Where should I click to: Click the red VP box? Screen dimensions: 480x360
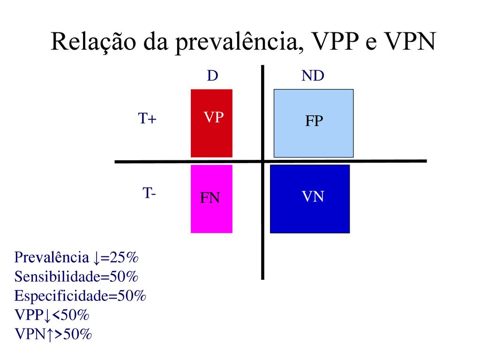click(211, 123)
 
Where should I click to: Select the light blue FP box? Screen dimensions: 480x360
click(314, 123)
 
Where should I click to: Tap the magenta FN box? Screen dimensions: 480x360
click(211, 199)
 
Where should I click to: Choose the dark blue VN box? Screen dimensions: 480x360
click(310, 199)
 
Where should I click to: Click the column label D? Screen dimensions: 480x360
click(212, 75)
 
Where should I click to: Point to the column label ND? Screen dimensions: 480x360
click(313, 75)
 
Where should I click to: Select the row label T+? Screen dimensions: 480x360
click(147, 119)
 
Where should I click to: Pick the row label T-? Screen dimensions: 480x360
click(149, 193)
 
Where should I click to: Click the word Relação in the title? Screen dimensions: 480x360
click(93, 42)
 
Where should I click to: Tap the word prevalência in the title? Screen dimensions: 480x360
click(237, 42)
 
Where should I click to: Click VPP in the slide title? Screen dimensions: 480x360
click(335, 41)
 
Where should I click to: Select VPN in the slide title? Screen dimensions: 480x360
click(410, 41)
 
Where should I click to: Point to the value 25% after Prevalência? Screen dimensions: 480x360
click(124, 257)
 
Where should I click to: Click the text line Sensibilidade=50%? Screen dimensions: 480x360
click(76, 277)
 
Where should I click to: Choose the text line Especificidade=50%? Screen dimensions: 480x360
click(80, 296)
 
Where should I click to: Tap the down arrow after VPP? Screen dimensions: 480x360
click(47, 315)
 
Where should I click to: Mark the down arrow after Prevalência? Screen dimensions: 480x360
click(97, 258)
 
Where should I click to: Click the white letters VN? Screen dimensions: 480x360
click(313, 196)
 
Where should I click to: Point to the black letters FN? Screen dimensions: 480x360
click(210, 198)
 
